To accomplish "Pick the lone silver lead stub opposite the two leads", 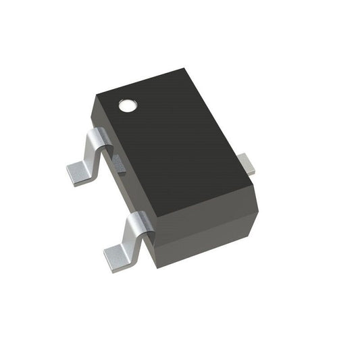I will pyautogui.click(x=247, y=163).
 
